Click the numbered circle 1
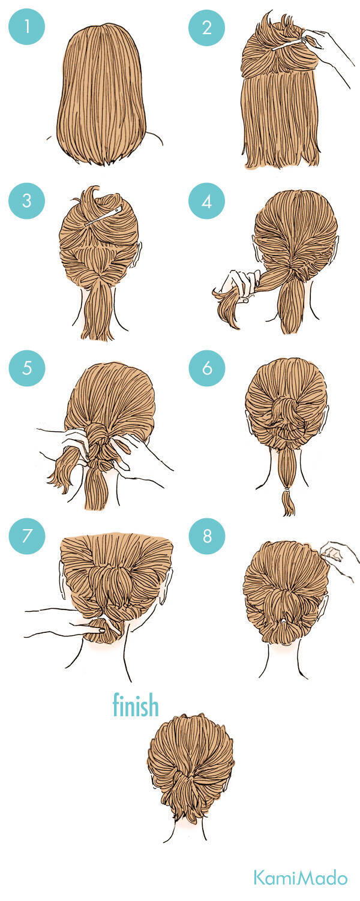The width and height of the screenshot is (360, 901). [x=26, y=27]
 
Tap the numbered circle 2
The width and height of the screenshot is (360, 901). [x=207, y=27]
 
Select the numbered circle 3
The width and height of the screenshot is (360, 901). [x=26, y=201]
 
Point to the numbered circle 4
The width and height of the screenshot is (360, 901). [x=207, y=201]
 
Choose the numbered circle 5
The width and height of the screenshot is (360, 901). [x=26, y=368]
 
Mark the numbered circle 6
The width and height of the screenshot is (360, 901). [x=207, y=368]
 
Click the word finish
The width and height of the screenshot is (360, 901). [x=136, y=704]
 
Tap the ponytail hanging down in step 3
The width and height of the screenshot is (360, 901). [x=97, y=310]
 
